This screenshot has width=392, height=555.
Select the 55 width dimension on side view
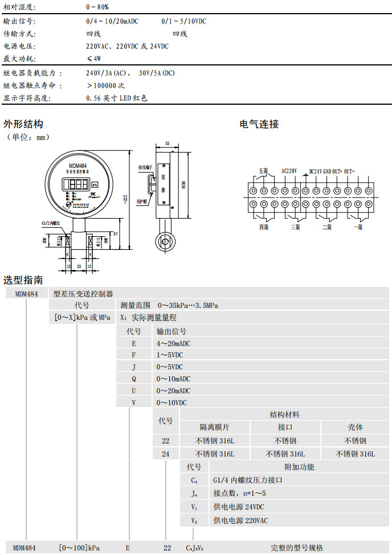[x=167, y=144]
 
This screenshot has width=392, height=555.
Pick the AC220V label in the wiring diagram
[x=290, y=170]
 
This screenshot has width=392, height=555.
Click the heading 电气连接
[x=259, y=124]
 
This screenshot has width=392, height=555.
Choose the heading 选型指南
[x=23, y=280]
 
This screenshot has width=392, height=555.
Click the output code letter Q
[x=134, y=379]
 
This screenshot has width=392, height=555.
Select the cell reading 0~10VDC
[x=171, y=402]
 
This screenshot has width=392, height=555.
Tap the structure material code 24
[x=166, y=454]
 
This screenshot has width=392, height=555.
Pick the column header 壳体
[x=356, y=427]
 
